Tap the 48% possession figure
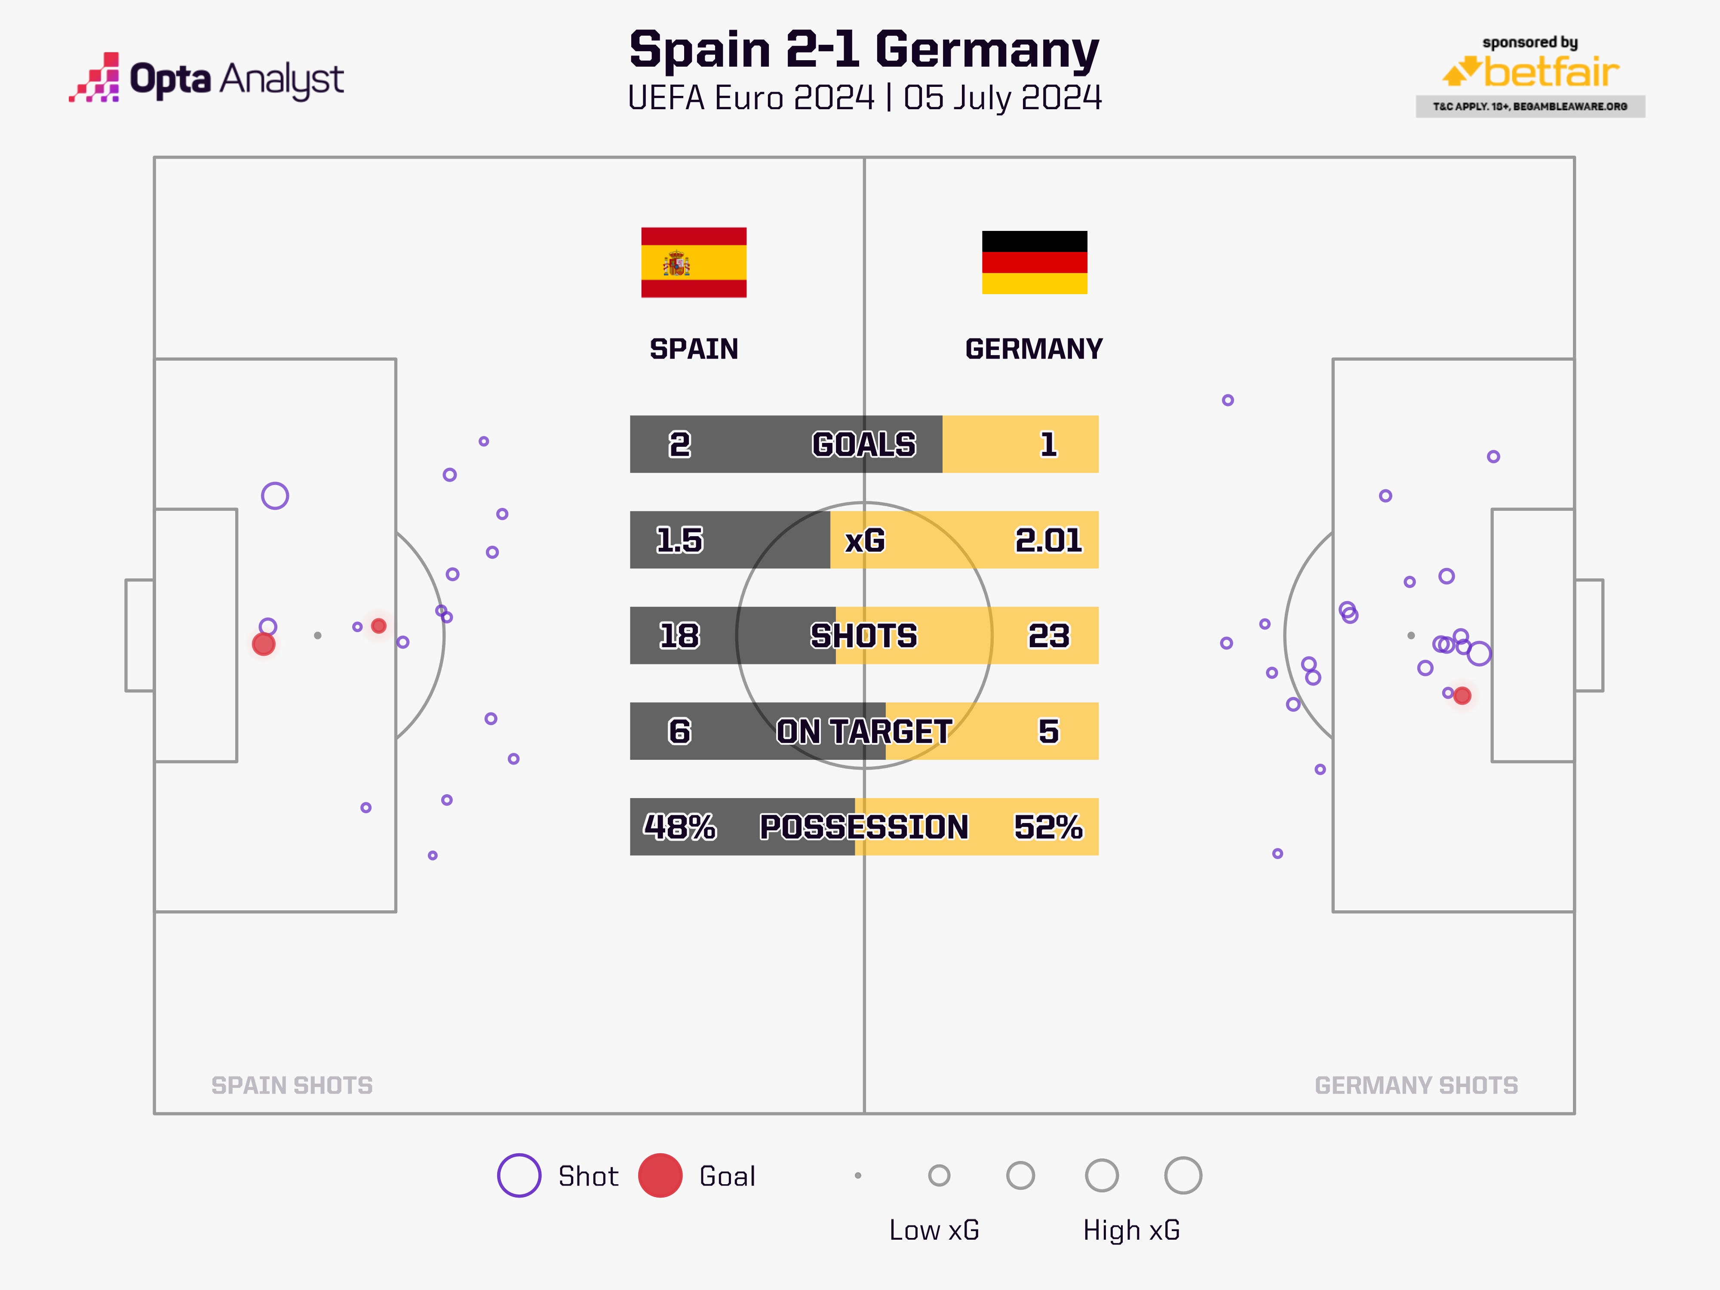679,826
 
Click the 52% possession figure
1048,826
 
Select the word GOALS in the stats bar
864,444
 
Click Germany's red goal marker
1462,695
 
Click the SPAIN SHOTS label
292,1085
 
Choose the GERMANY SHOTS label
1416,1085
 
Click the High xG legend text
1131,1230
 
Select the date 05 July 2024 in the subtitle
1002,98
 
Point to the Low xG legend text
934,1230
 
